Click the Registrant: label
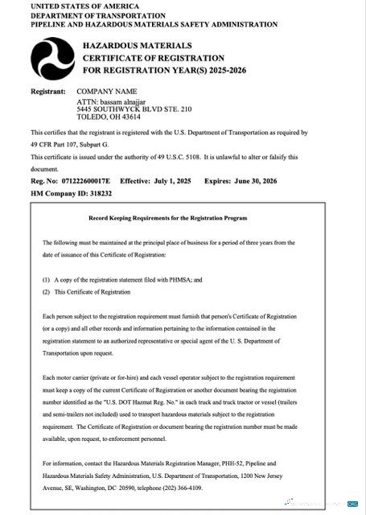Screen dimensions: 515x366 tap(48, 92)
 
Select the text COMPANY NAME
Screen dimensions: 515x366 tap(107, 92)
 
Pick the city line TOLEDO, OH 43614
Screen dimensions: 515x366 tap(110, 117)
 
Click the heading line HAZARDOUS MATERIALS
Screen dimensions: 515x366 tap(137, 46)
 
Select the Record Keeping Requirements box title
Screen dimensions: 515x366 tap(179, 218)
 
